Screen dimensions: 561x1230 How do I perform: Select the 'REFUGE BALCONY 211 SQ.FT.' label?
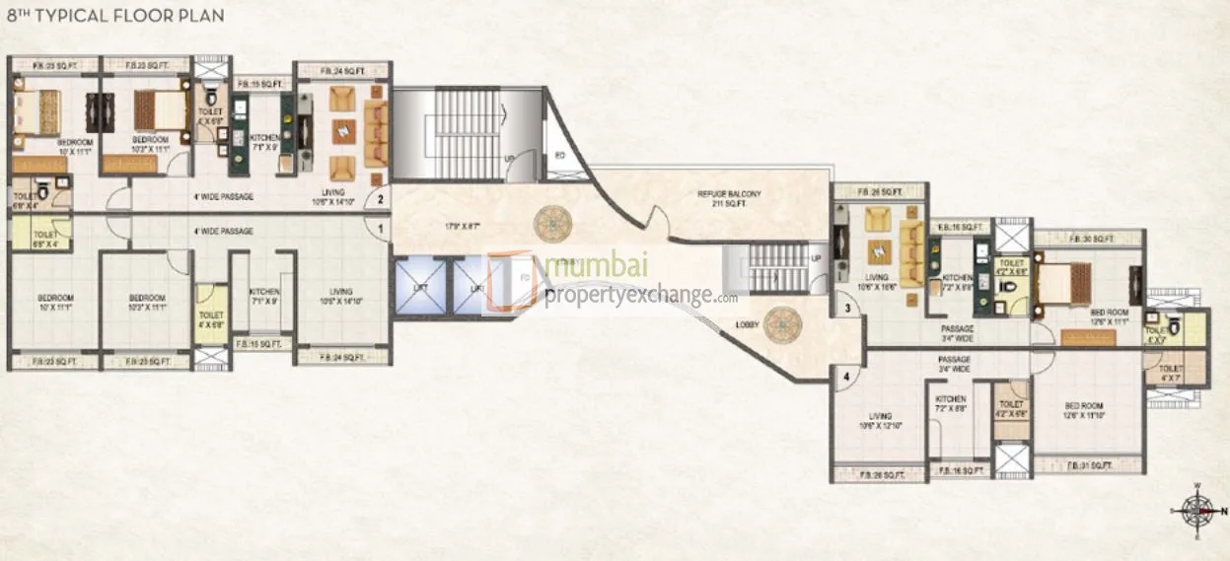pos(730,198)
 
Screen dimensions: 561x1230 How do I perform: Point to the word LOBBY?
pos(747,324)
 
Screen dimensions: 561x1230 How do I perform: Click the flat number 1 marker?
pos(381,230)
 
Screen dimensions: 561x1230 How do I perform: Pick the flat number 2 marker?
pos(381,199)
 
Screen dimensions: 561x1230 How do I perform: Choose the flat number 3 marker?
pos(846,309)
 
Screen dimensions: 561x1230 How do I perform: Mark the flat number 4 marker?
pos(846,375)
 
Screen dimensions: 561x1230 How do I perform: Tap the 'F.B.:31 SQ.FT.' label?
pos(1090,464)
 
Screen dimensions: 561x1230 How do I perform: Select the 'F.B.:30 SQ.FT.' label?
pos(1091,239)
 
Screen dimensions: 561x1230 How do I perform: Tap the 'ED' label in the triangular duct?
pos(558,156)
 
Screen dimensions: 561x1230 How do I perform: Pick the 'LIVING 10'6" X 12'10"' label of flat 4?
pos(875,420)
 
